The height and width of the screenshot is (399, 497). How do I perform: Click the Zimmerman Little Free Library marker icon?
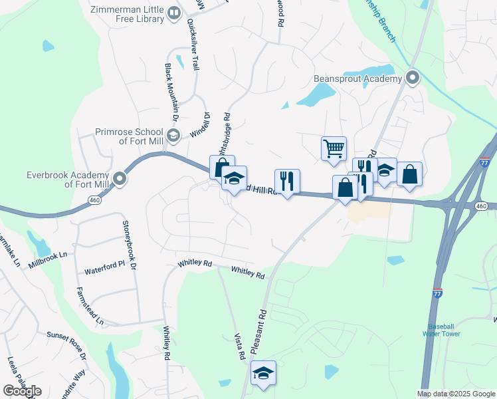coord(174,13)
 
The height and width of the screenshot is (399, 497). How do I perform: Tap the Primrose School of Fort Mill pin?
coord(173,136)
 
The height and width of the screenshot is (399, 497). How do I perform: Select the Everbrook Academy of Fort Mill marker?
coord(120,178)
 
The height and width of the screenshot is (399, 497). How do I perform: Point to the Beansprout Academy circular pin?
coord(412,78)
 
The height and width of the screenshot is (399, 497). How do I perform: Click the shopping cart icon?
coord(333,148)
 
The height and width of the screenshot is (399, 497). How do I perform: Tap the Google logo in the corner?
coord(22,390)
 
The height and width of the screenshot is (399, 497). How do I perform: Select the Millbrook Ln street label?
coord(48,260)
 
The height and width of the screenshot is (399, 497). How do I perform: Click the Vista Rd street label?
coord(241,346)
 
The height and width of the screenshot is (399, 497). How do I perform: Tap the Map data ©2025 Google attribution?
coord(456,394)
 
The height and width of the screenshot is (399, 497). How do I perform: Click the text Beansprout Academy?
coord(358,79)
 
